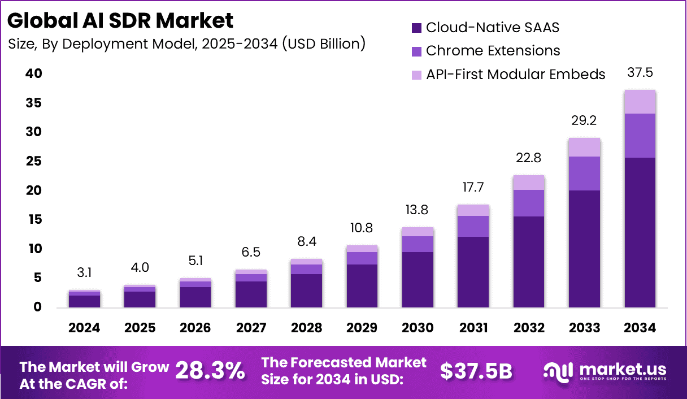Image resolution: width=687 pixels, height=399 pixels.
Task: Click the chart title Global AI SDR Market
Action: coord(120,20)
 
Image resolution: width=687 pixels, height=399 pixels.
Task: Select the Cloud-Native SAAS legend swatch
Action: coord(417,27)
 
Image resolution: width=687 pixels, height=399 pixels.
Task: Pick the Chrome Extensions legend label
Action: coord(493,51)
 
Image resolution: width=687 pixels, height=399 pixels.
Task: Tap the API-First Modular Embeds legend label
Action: coord(515,75)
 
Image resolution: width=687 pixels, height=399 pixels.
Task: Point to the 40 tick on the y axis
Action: coord(33,74)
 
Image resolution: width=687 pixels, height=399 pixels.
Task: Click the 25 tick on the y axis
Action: coord(33,162)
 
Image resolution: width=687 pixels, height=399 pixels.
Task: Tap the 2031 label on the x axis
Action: coord(473,328)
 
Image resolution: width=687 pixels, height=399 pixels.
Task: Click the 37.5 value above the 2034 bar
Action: coord(640,73)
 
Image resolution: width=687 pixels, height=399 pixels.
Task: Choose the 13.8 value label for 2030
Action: coord(417,210)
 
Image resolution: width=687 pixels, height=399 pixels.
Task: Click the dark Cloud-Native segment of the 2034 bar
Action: coord(640,232)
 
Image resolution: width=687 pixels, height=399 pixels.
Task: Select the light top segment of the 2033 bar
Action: coord(584,147)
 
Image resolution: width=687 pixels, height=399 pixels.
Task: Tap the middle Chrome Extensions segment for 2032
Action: coord(529,203)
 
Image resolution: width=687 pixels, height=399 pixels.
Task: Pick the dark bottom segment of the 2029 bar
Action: coord(362,285)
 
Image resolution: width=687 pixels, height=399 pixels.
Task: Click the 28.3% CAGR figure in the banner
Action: coord(210,371)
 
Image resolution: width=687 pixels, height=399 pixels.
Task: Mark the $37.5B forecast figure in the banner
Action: coord(476,371)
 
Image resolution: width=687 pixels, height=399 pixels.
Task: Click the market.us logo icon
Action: coord(558,371)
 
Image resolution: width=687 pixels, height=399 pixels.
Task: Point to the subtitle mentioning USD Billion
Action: coord(186,44)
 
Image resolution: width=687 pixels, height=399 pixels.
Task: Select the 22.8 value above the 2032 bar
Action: coord(529,158)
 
